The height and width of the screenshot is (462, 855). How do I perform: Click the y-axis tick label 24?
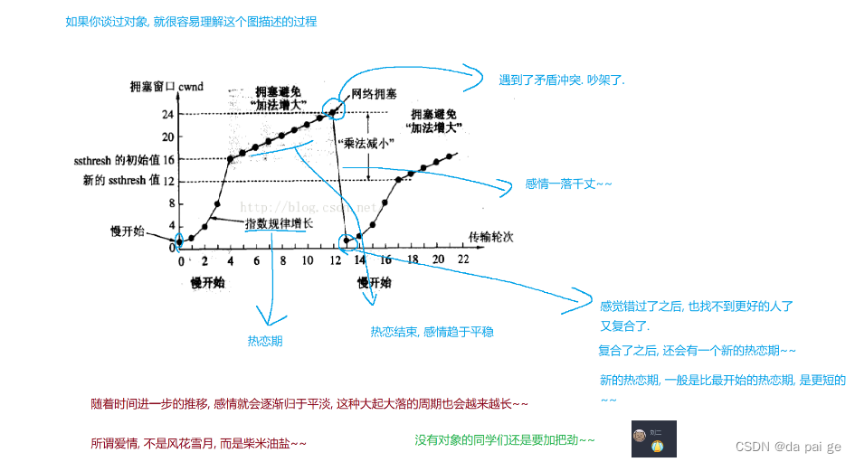pyautogui.click(x=168, y=115)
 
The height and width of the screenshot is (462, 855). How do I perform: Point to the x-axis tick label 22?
pyautogui.click(x=463, y=260)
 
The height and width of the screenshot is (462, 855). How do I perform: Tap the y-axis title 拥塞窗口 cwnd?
pyautogui.click(x=166, y=87)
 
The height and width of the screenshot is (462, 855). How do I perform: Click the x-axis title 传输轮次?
pyautogui.click(x=490, y=237)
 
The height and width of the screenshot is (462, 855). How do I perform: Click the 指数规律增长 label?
pyautogui.click(x=279, y=222)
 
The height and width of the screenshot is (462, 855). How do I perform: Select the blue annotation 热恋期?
pyautogui.click(x=265, y=341)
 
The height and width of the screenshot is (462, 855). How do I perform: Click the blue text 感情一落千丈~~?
pyautogui.click(x=568, y=184)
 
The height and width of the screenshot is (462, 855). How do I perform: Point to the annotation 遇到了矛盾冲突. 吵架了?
pyautogui.click(x=562, y=80)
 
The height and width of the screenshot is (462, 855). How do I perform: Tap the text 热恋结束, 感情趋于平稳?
pyautogui.click(x=432, y=332)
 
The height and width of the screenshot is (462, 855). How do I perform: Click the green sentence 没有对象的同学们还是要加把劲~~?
pyautogui.click(x=505, y=439)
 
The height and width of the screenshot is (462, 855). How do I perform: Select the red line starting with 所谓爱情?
pyautogui.click(x=198, y=443)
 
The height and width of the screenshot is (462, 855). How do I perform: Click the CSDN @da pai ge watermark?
pyautogui.click(x=788, y=447)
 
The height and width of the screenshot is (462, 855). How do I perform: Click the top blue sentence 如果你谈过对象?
pyautogui.click(x=191, y=21)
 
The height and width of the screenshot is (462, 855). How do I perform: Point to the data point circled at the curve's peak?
pyautogui.click(x=334, y=112)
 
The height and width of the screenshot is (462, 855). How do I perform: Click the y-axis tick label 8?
pyautogui.click(x=171, y=203)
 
